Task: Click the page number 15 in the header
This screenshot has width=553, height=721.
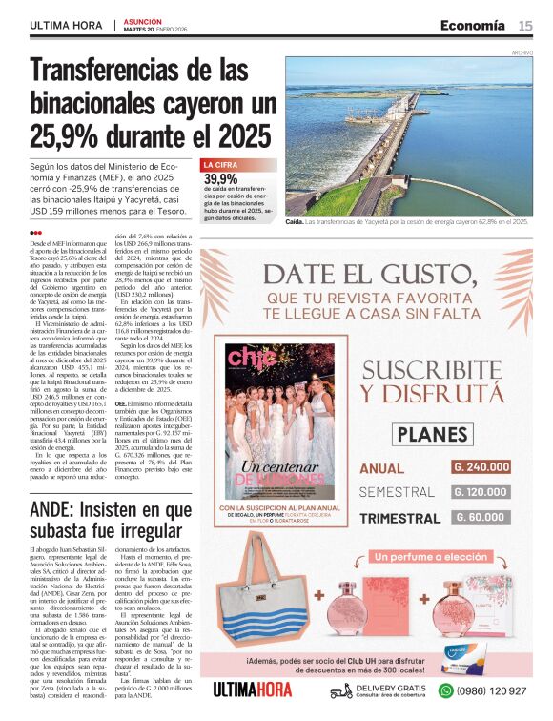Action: (x=525, y=25)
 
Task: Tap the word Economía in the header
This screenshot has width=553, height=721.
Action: (x=472, y=25)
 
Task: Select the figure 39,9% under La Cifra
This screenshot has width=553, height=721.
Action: (x=220, y=178)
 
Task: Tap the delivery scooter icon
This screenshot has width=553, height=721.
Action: (x=341, y=690)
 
